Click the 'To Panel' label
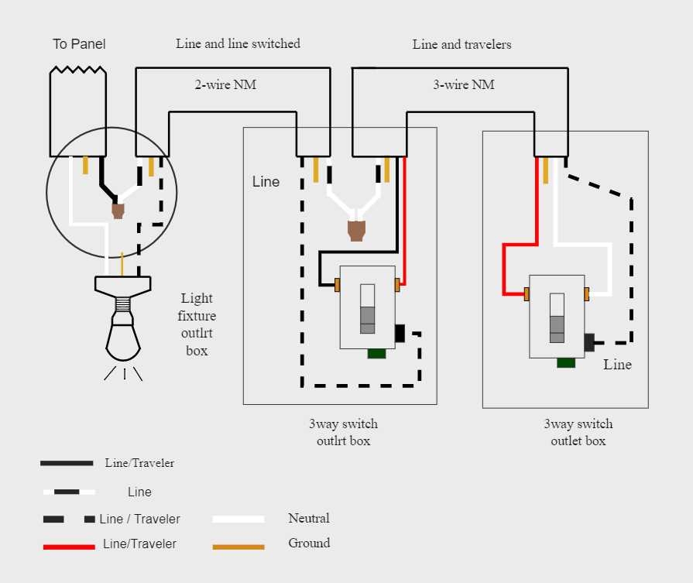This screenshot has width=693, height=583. (79, 44)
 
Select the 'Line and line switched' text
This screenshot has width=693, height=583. (238, 43)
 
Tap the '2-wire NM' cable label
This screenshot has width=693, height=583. (225, 84)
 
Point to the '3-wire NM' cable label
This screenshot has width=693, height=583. (463, 84)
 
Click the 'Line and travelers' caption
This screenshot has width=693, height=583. (461, 44)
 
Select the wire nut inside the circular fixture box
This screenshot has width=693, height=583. (118, 210)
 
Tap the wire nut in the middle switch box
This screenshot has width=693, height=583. (356, 230)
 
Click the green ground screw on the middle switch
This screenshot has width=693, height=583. (377, 354)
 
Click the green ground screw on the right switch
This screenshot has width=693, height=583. (566, 362)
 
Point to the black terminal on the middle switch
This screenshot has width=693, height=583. (400, 333)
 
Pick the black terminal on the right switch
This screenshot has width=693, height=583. (589, 341)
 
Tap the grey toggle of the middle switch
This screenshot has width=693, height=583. (368, 308)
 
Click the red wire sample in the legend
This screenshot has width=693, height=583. (68, 547)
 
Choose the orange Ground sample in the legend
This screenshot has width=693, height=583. (238, 547)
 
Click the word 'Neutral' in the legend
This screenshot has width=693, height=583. (309, 518)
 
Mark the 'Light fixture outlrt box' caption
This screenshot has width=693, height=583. (197, 324)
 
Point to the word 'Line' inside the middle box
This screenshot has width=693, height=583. (266, 182)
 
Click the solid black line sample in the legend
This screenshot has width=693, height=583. (67, 463)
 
